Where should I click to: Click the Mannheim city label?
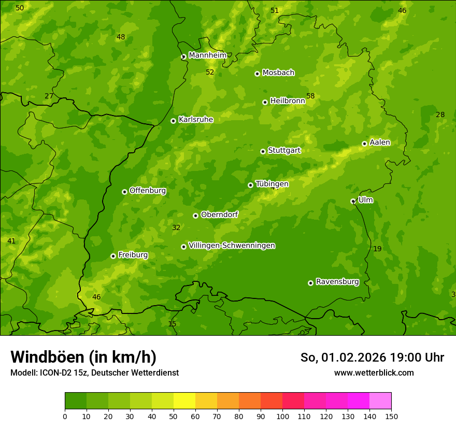pyautogui.click(x=207, y=55)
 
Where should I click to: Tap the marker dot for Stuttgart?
pyautogui.click(x=263, y=151)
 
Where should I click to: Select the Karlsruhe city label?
pyautogui.click(x=195, y=120)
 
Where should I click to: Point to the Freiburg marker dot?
pyautogui.click(x=113, y=256)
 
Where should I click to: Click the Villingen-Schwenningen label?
pyautogui.click(x=232, y=246)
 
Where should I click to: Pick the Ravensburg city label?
pyautogui.click(x=337, y=282)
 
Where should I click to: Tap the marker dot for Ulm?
pyautogui.click(x=353, y=201)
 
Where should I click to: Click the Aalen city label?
pyautogui.click(x=379, y=142)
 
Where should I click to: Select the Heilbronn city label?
pyautogui.click(x=287, y=101)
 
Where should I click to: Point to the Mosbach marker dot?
pyautogui.click(x=257, y=74)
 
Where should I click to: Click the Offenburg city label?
pyautogui.click(x=147, y=191)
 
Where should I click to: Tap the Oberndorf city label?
pyautogui.click(x=219, y=214)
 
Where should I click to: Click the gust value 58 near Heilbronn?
pyautogui.click(x=310, y=96)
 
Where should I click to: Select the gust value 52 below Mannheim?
pyautogui.click(x=210, y=73)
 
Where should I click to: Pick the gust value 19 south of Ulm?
pyautogui.click(x=377, y=249)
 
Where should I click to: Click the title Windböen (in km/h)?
pyautogui.click(x=83, y=357)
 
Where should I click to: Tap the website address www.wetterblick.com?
pyautogui.click(x=374, y=372)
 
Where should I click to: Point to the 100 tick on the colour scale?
pyautogui.click(x=282, y=416)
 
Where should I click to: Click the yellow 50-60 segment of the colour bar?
pyautogui.click(x=184, y=401)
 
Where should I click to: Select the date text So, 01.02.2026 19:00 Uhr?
pyautogui.click(x=372, y=357)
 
